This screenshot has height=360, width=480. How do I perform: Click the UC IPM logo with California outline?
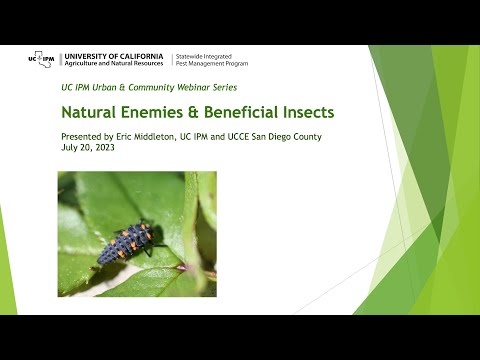[41, 59]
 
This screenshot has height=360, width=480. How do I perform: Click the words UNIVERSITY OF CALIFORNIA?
[114, 54]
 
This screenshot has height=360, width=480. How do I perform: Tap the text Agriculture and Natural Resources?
[114, 63]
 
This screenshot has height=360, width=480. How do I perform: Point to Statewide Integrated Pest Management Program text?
[212, 60]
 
